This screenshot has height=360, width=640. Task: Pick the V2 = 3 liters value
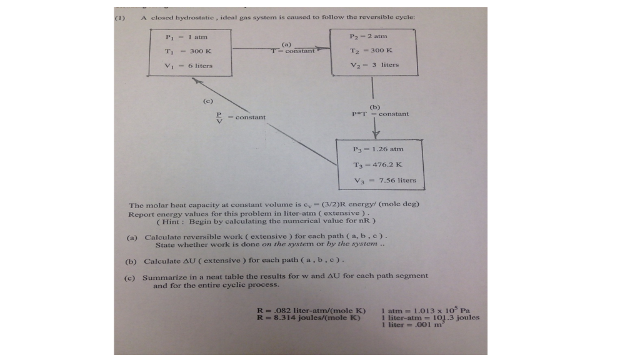(x=374, y=64)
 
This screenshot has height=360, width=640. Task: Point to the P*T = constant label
(x=380, y=114)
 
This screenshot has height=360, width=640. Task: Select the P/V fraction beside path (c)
(x=219, y=117)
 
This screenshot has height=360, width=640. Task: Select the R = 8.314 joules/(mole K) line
(x=311, y=317)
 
